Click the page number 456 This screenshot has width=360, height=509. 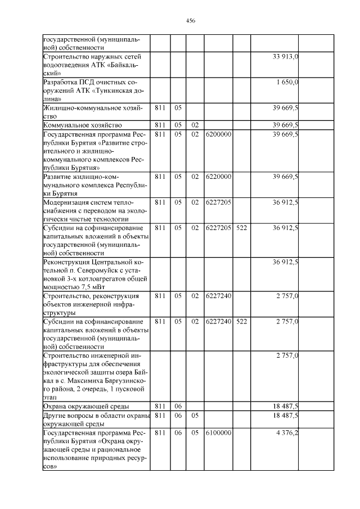(x=190, y=20)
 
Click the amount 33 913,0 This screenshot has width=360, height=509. (x=285, y=57)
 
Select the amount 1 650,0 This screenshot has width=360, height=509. (x=287, y=83)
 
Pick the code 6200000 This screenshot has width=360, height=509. (x=218, y=134)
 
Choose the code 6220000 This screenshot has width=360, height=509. (x=218, y=177)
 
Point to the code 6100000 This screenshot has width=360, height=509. (x=218, y=434)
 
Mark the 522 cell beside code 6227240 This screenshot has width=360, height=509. (x=242, y=321)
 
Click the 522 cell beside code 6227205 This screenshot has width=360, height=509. (x=242, y=228)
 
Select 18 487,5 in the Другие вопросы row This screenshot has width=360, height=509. (x=285, y=416)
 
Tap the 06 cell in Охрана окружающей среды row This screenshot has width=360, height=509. (x=178, y=406)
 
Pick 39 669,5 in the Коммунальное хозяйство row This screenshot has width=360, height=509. (x=285, y=125)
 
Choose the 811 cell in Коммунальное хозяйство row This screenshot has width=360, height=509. (x=160, y=125)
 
